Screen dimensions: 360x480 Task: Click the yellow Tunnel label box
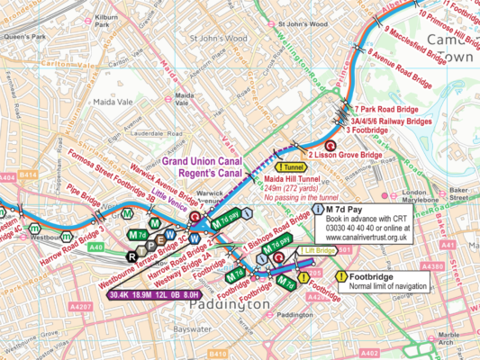[293, 166]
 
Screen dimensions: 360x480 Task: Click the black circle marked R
[131, 257]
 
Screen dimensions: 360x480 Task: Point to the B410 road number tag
[218, 354]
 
